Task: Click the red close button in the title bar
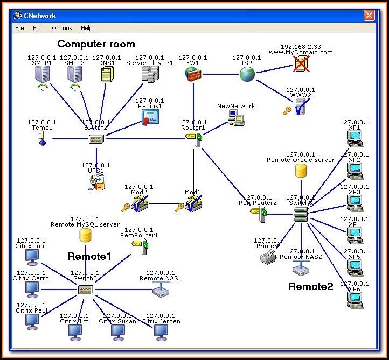click(369, 16)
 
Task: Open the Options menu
click(62, 28)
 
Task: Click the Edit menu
click(37, 28)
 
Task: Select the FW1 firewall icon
click(192, 74)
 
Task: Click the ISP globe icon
click(247, 74)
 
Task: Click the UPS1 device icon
click(96, 182)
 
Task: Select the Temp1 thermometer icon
click(42, 139)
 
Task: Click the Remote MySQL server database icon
click(85, 235)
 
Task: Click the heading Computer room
click(96, 44)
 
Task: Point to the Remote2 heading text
click(311, 286)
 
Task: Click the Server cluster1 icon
click(149, 75)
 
